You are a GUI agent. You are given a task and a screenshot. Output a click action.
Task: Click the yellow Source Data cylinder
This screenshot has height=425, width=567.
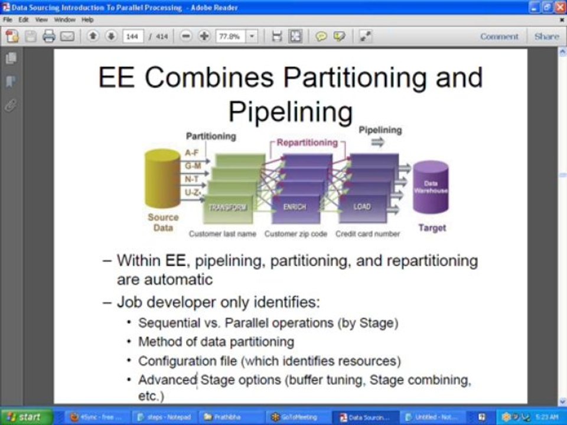click(162, 180)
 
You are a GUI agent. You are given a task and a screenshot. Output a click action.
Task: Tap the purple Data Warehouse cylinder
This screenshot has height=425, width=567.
click(431, 188)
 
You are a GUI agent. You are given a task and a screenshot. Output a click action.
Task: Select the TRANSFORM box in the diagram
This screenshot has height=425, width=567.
click(227, 207)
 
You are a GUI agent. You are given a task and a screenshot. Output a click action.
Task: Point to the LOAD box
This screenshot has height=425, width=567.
click(362, 207)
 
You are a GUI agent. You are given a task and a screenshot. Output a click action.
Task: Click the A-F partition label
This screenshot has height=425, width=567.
click(191, 152)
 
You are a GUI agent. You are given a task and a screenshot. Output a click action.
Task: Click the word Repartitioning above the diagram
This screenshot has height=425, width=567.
click(307, 142)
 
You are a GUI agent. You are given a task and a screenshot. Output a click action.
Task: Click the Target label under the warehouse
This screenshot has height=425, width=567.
click(432, 228)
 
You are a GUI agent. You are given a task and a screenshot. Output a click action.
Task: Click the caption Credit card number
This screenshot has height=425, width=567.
click(367, 234)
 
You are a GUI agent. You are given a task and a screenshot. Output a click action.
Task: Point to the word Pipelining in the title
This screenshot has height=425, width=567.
click(291, 111)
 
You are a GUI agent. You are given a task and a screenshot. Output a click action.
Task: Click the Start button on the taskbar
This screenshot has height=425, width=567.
click(25, 417)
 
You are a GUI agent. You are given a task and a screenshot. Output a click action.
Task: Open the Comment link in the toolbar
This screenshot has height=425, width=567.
click(499, 36)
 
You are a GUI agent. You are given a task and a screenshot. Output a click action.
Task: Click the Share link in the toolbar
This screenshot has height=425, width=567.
click(546, 36)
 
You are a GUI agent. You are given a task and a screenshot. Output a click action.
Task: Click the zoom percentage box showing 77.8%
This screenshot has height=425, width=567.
click(230, 36)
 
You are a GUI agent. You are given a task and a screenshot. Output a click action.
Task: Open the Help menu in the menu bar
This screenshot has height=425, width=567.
click(87, 19)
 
